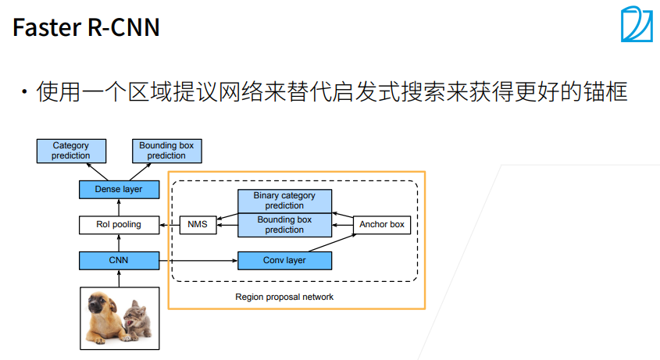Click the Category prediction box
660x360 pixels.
coord(71,151)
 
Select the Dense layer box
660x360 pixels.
coord(120,190)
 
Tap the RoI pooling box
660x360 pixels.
coord(120,225)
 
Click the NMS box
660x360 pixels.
coord(198,225)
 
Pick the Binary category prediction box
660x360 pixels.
coord(284,201)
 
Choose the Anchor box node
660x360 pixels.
coord(382,225)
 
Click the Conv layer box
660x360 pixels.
coord(284,261)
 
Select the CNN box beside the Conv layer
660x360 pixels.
coord(120,261)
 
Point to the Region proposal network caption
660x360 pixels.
coord(284,297)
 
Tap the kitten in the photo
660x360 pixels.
coord(138,320)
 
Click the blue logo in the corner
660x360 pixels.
coord(637,24)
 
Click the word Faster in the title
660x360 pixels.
coord(47,27)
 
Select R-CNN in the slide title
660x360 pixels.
coord(123,27)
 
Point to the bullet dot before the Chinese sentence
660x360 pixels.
coord(24,91)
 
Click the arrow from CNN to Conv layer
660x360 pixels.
coord(198,261)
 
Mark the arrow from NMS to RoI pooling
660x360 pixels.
coord(169,225)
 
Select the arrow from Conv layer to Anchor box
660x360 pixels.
coord(333,243)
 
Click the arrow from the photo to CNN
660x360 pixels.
coord(120,279)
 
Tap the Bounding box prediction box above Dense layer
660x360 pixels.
coord(166,151)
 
